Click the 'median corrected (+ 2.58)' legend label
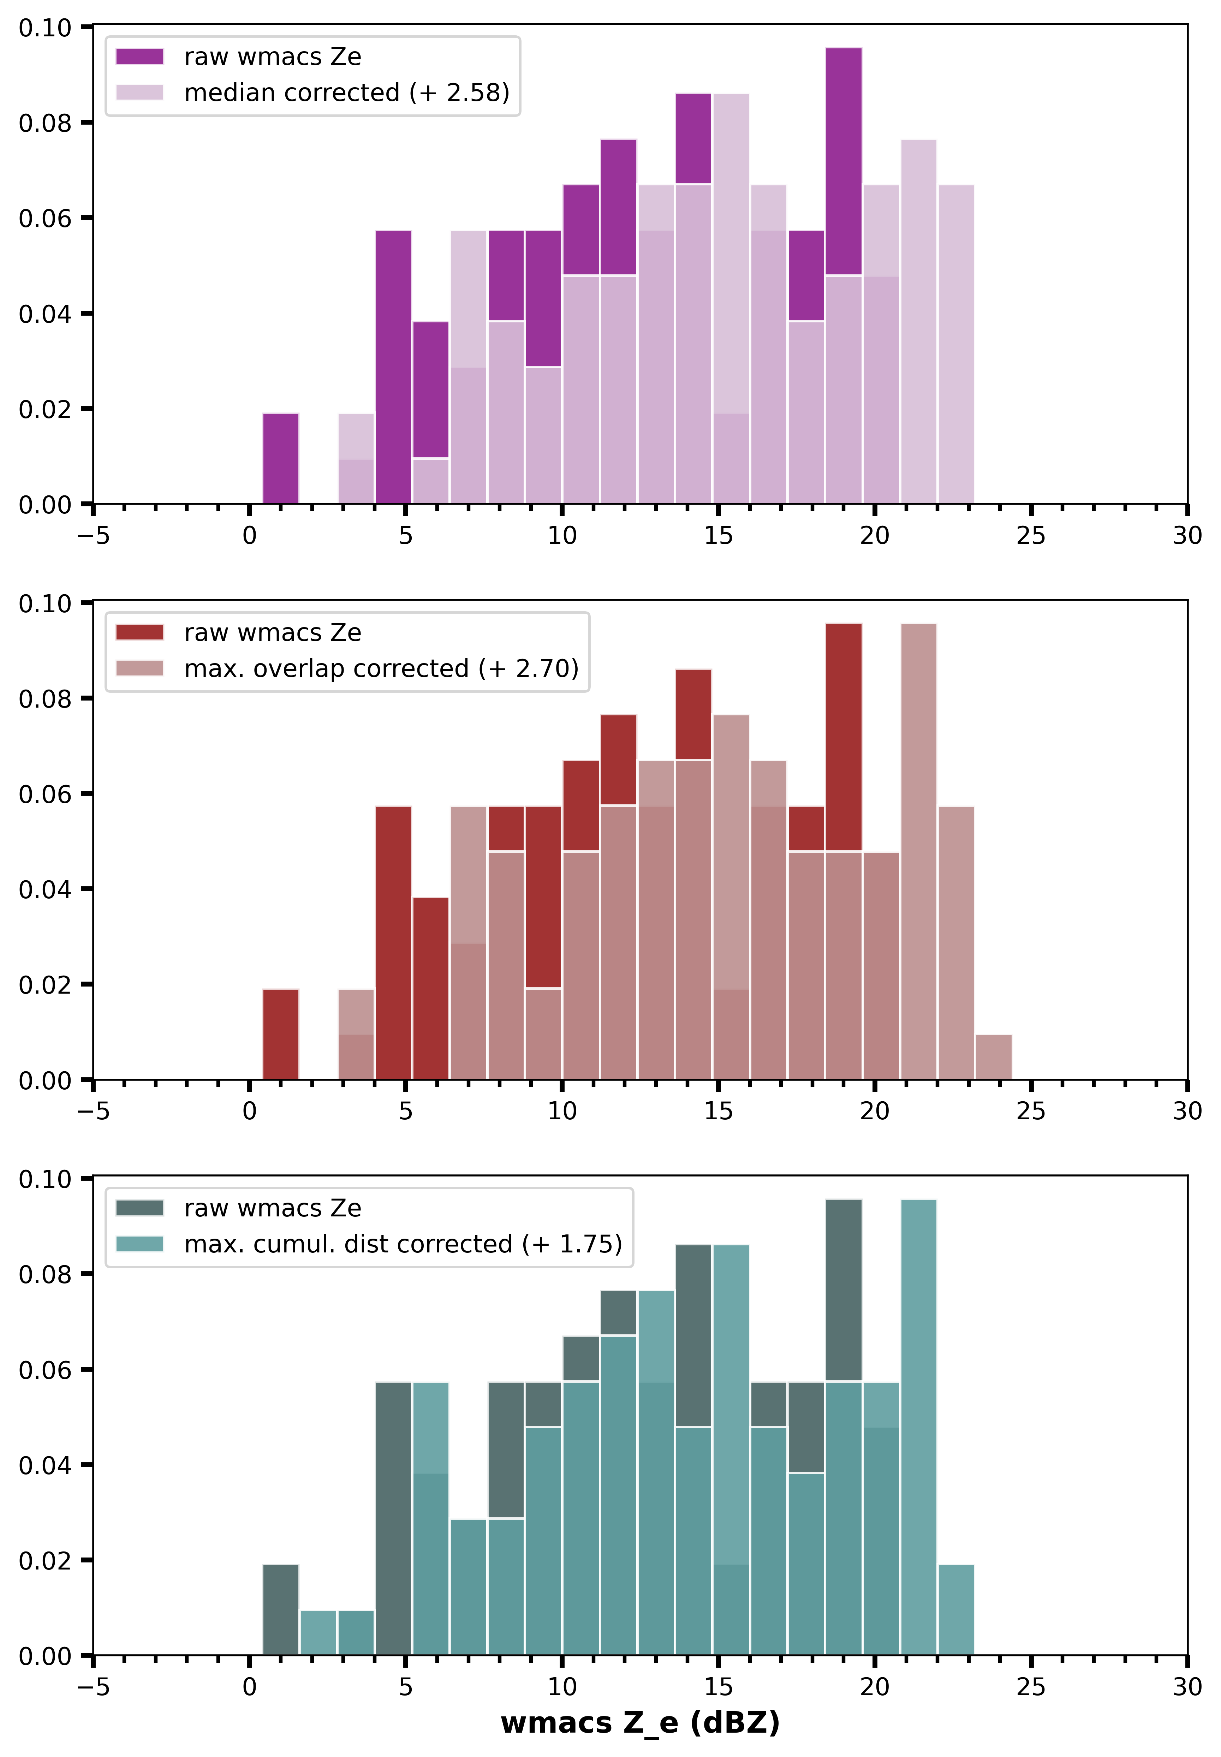tap(347, 93)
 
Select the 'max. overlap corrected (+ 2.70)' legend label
tap(381, 668)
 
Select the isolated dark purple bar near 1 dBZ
tap(281, 459)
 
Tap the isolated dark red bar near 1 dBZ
tap(281, 1034)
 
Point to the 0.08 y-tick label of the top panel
tap(44, 123)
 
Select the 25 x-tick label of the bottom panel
tap(1030, 1687)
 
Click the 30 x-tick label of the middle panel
tap(1186, 1110)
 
